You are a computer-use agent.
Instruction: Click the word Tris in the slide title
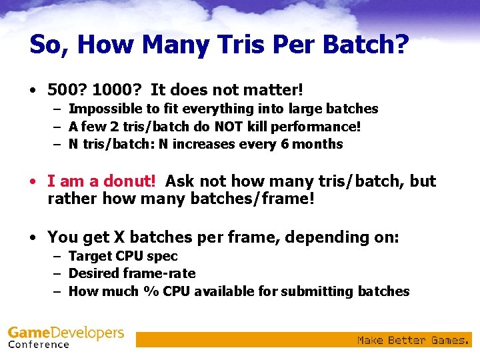pos(216,45)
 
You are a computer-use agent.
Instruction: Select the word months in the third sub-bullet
pos(319,144)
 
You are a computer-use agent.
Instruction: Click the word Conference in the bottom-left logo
pos(39,345)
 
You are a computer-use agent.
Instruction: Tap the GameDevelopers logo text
pos(66,333)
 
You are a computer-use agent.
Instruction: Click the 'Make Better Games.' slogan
pos(413,340)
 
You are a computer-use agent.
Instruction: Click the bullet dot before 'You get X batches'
pos(33,238)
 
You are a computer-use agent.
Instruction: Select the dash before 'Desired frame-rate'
pos(58,273)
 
